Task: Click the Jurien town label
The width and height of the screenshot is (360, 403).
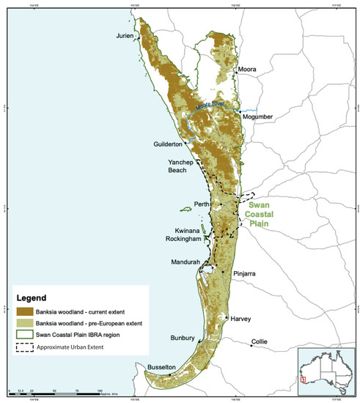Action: [x=126, y=35]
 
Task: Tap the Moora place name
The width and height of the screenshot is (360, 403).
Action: [x=247, y=70]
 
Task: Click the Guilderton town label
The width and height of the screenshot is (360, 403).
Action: [x=150, y=144]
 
